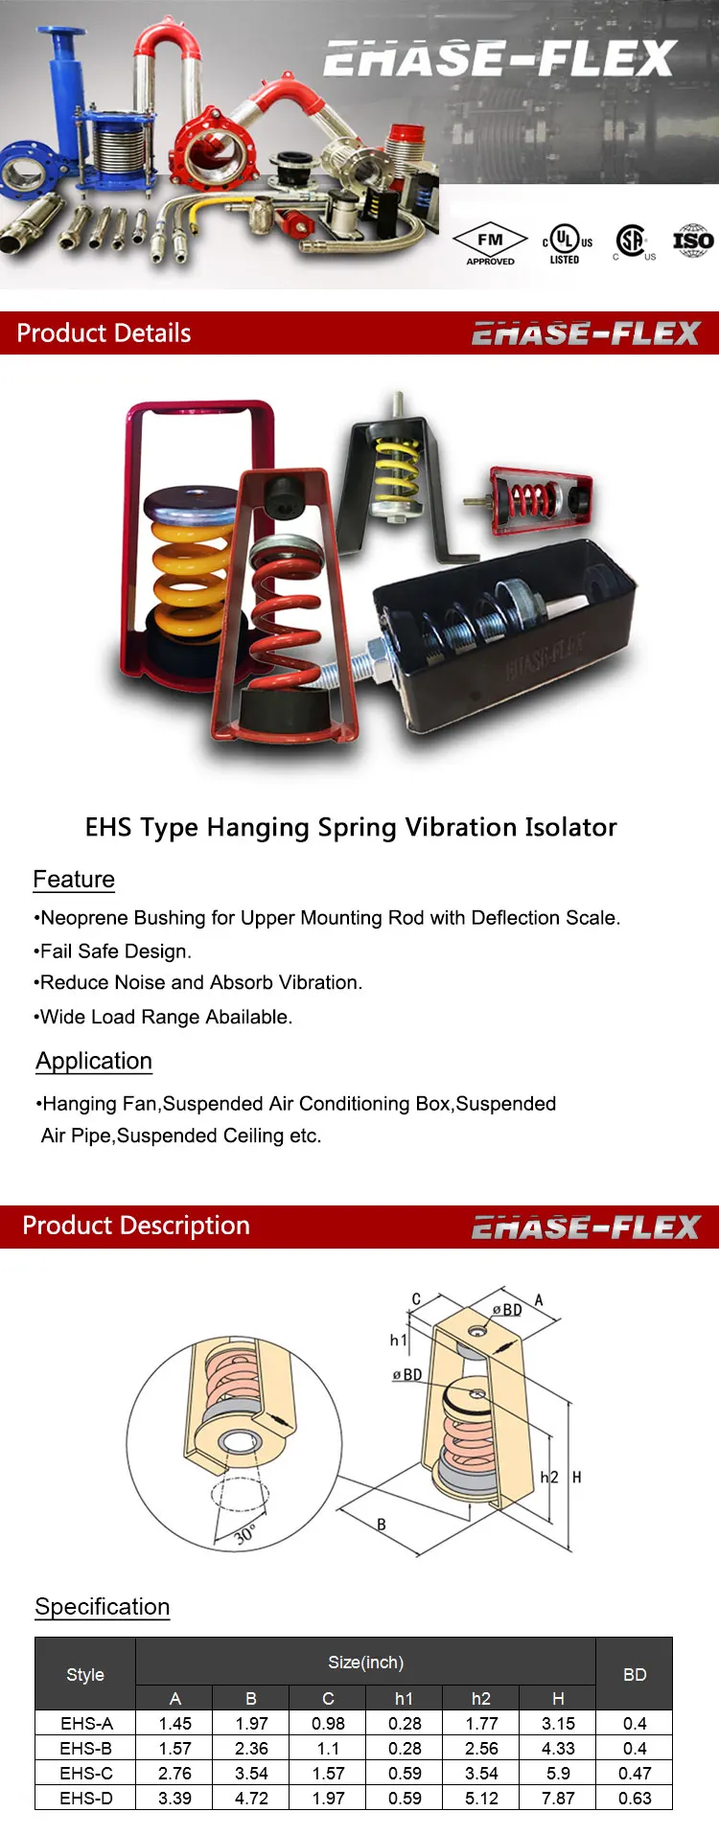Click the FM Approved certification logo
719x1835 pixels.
click(490, 243)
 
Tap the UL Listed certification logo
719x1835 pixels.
click(567, 243)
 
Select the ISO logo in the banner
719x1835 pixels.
click(692, 241)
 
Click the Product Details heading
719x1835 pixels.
click(104, 333)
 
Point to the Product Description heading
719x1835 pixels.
click(136, 1226)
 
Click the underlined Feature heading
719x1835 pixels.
click(74, 880)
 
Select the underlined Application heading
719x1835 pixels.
click(94, 1061)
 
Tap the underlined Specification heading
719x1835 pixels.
click(103, 1607)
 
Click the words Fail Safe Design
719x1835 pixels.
click(116, 952)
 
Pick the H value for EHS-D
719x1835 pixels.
click(558, 1798)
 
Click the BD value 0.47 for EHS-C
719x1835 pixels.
click(635, 1773)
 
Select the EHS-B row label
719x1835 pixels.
click(86, 1748)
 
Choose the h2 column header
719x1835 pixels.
click(481, 1698)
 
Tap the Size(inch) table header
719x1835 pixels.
click(365, 1663)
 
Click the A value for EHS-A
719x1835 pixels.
click(174, 1723)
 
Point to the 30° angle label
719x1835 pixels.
click(245, 1535)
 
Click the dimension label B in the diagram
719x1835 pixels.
click(382, 1525)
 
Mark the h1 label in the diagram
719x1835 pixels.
click(398, 1340)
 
